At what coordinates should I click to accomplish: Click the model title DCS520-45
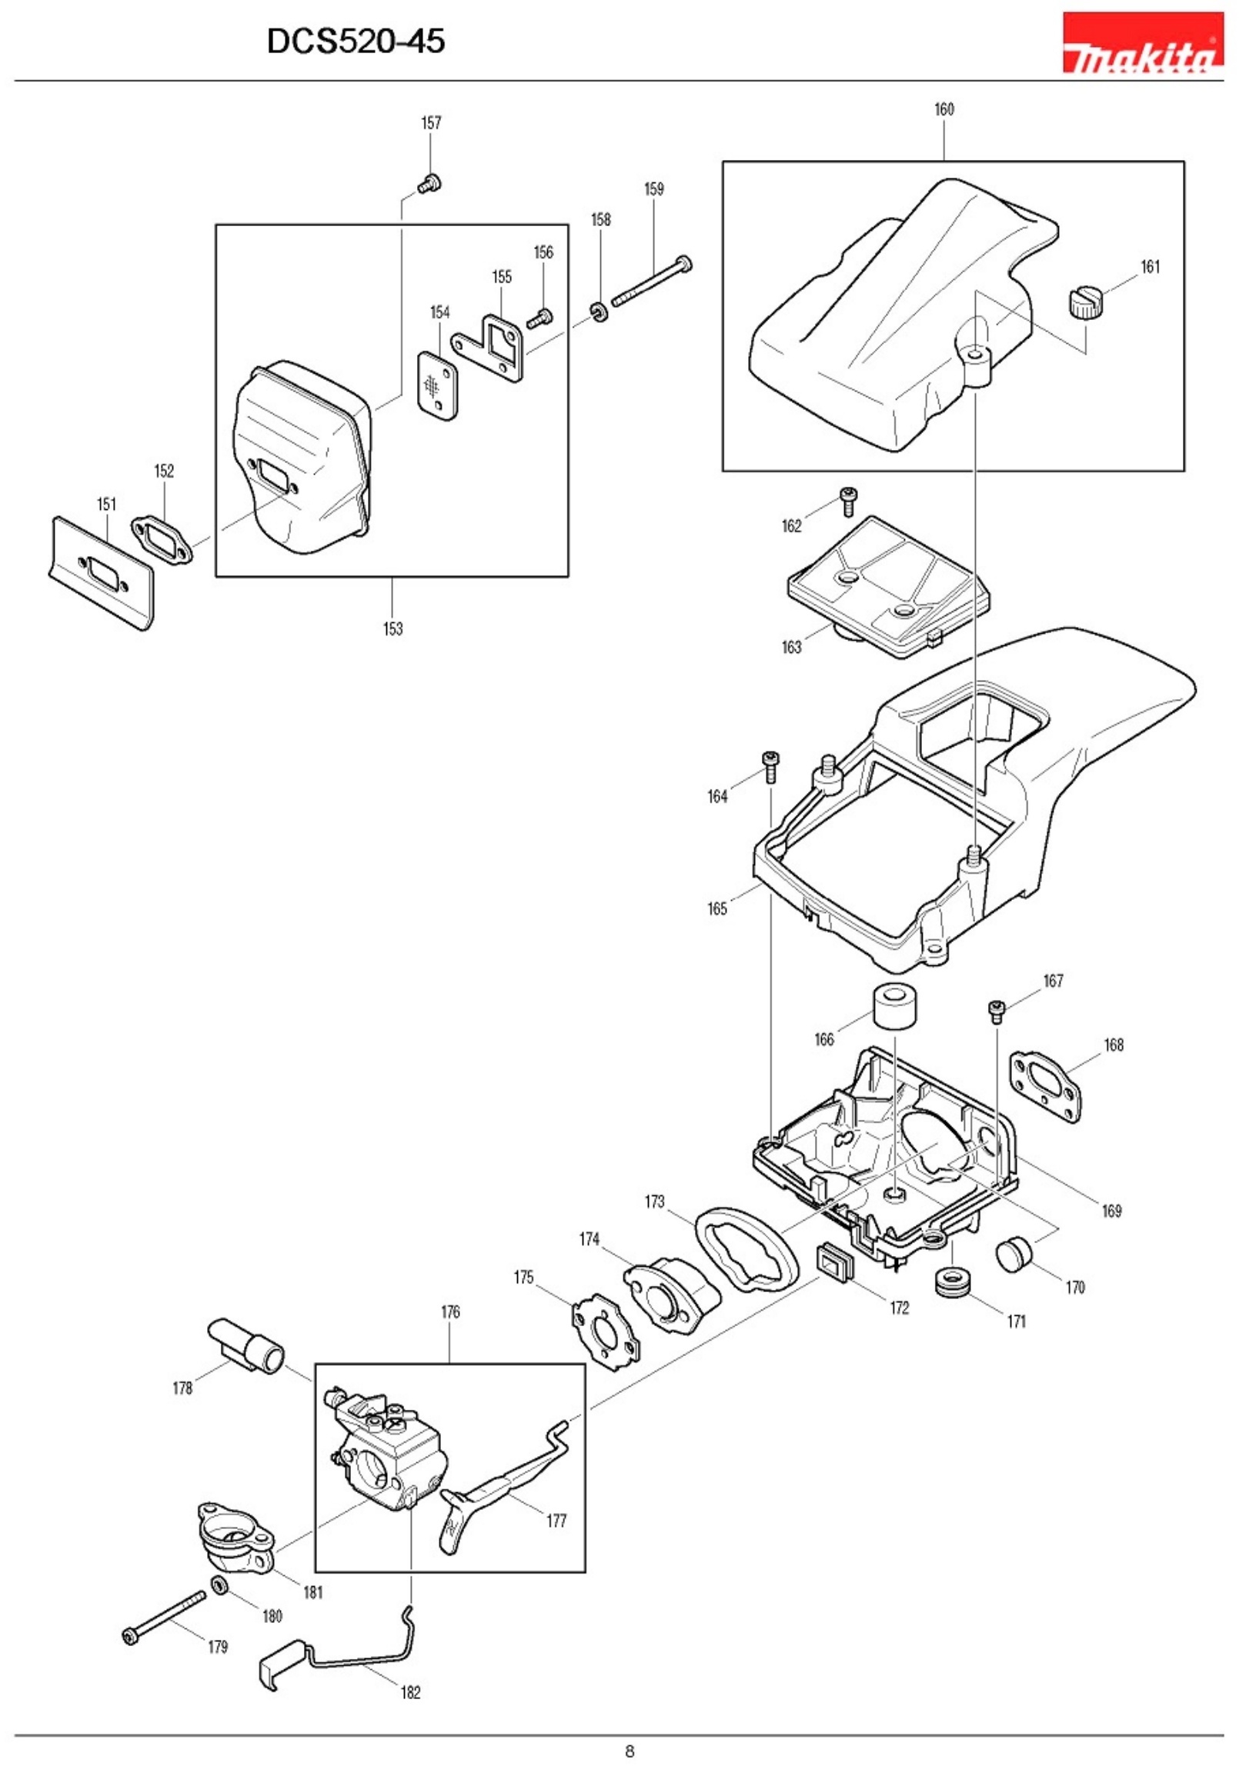click(356, 42)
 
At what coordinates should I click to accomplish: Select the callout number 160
click(943, 109)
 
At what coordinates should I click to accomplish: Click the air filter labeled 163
click(867, 585)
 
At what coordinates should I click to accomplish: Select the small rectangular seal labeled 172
click(833, 1263)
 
